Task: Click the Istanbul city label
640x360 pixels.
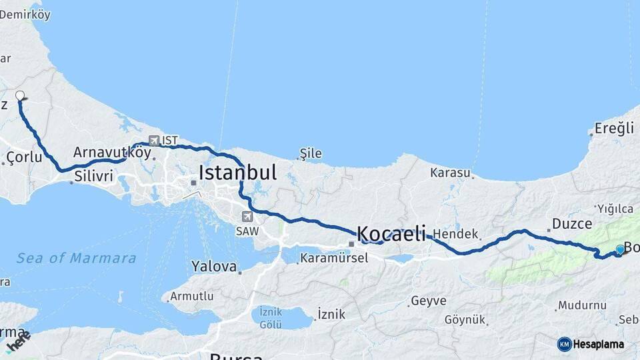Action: click(237, 173)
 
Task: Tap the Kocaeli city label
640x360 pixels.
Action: click(391, 233)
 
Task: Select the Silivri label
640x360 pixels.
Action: click(94, 177)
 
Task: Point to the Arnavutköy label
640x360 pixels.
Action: click(112, 152)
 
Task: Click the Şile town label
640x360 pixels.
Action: click(311, 154)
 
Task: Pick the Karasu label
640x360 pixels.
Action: click(451, 173)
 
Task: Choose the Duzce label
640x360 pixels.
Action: click(568, 224)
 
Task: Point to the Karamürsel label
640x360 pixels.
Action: click(333, 257)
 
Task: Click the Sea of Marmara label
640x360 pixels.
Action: click(76, 258)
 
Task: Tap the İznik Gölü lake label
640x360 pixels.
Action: click(271, 317)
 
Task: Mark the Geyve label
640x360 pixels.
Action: click(428, 301)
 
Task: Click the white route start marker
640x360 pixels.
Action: click(20, 95)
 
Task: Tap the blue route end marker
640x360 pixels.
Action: click(620, 249)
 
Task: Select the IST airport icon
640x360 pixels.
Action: click(155, 140)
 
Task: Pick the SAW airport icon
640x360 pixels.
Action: click(248, 216)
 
